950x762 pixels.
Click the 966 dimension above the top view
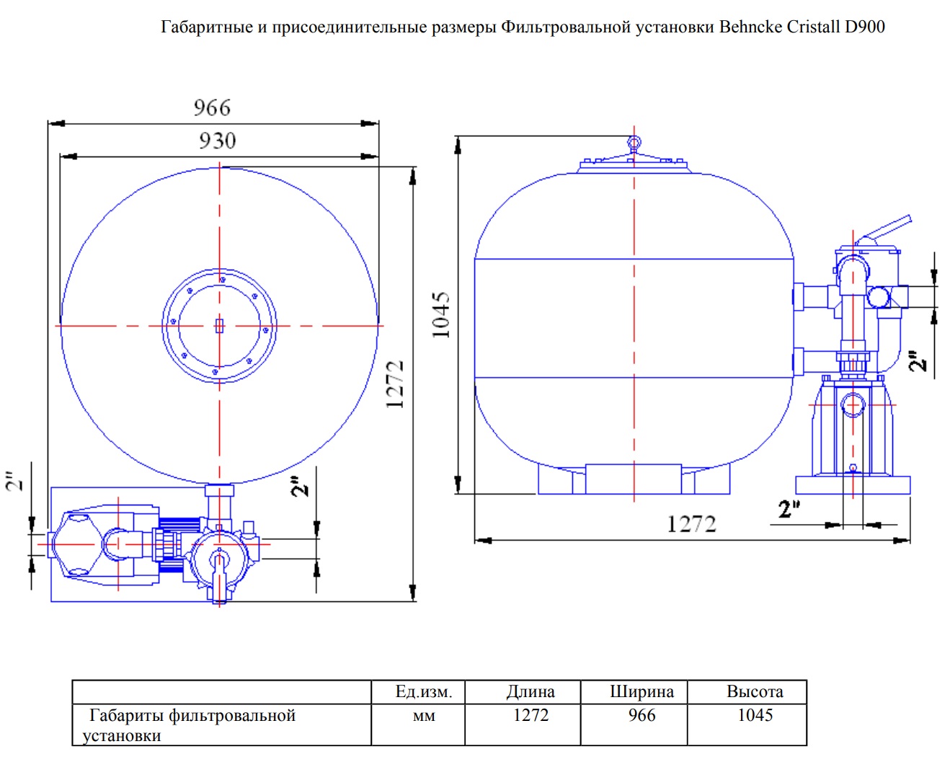click(x=212, y=107)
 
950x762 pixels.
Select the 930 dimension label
click(x=217, y=141)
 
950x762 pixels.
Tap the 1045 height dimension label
click(x=441, y=315)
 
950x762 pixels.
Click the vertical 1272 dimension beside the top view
click(x=395, y=384)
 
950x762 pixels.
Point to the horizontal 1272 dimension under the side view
click(x=691, y=524)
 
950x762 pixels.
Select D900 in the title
click(x=865, y=27)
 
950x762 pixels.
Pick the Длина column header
click(x=531, y=692)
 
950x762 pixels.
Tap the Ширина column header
click(x=642, y=692)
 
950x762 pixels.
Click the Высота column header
click(x=755, y=691)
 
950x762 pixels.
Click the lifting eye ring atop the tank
click(x=634, y=143)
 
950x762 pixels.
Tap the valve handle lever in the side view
click(x=883, y=229)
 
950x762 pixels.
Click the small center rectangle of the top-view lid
click(x=219, y=326)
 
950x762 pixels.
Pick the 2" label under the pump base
click(x=789, y=509)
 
